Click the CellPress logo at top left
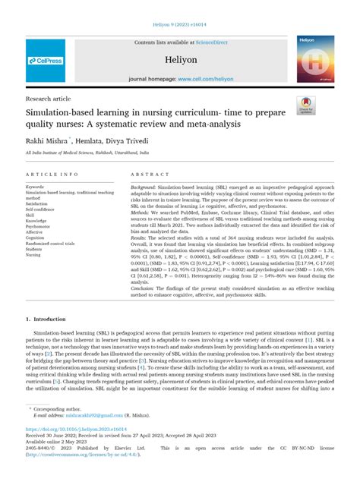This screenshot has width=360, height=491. (x=45, y=61)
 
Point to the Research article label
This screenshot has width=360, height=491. (x=49, y=99)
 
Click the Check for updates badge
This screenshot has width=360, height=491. (x=306, y=108)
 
